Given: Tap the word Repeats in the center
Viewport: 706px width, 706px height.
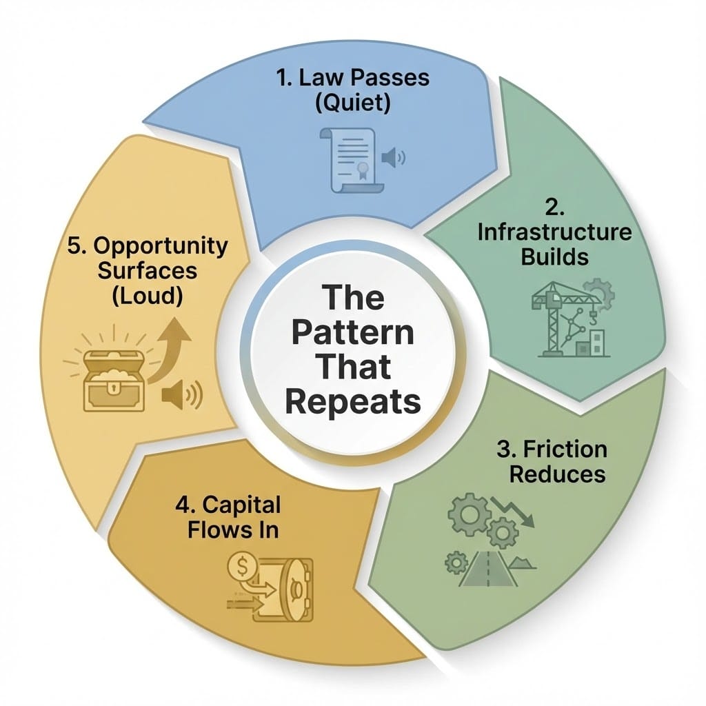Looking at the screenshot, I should coord(352,401).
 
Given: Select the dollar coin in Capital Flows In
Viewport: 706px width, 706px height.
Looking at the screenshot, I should coord(241,569).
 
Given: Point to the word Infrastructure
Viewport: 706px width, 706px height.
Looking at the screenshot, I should coord(554,232).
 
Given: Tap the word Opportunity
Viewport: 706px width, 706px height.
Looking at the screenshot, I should coord(160,245).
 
